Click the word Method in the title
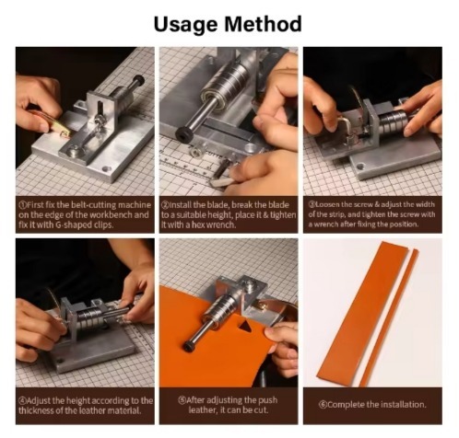[263, 24]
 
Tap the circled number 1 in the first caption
[23, 205]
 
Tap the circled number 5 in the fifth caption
[182, 400]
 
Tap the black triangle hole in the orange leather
[246, 327]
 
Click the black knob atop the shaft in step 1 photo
[138, 80]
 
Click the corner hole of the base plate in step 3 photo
[360, 167]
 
